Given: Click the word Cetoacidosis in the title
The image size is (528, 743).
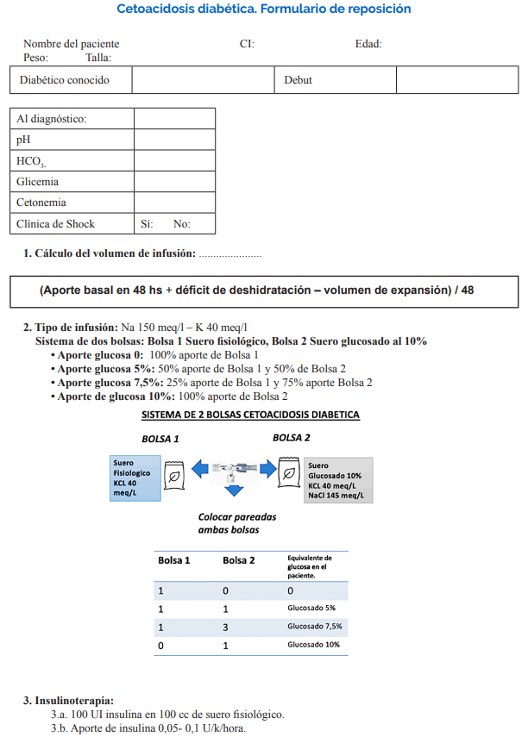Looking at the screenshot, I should (x=152, y=9).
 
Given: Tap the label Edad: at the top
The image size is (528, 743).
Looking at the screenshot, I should (x=368, y=44).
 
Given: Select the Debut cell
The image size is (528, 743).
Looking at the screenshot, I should (x=298, y=80).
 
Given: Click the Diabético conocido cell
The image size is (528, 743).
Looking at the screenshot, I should (x=65, y=80).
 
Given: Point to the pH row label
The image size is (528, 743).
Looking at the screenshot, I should (x=23, y=140).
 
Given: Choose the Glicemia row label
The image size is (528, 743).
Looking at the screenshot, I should (x=38, y=182).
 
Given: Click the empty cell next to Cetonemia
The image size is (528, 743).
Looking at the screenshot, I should (x=174, y=203).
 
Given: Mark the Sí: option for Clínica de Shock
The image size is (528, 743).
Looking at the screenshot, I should (x=147, y=224).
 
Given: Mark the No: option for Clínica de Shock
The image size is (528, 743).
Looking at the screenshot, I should (x=181, y=224).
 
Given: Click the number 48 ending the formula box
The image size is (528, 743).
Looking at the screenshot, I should (x=467, y=290).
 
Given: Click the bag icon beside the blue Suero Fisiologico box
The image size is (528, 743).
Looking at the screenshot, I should (x=174, y=473).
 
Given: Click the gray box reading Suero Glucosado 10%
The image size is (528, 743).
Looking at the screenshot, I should (x=337, y=481).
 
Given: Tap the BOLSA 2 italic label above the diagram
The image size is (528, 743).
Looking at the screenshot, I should (x=292, y=438).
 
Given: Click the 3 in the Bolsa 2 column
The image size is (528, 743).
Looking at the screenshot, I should (x=226, y=627).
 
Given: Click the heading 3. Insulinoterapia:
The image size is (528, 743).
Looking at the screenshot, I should (x=68, y=701).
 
